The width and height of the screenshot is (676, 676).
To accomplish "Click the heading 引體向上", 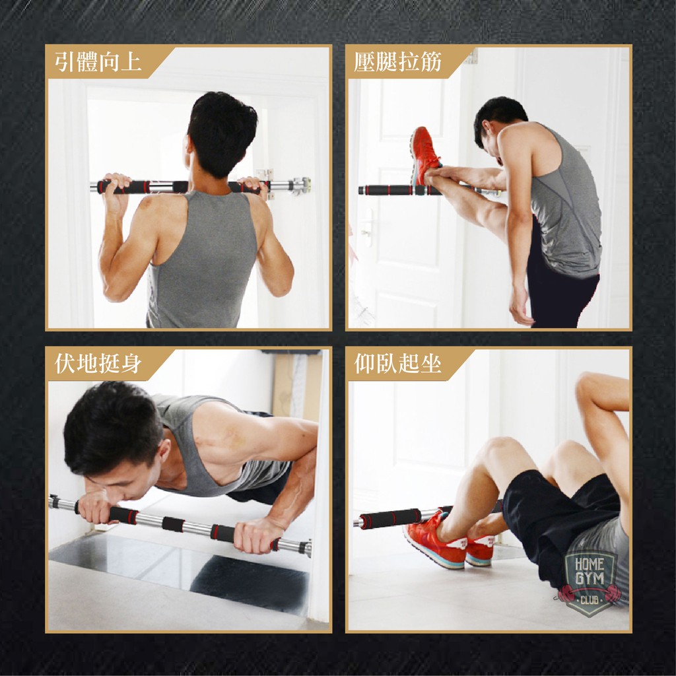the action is tap(98, 61).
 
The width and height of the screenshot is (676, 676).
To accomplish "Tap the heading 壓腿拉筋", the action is tap(397, 61).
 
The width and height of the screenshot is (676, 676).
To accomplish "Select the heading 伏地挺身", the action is tap(98, 363).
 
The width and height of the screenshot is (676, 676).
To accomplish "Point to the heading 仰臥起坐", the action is tap(397, 363).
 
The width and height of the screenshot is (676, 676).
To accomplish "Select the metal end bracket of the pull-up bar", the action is tap(300, 186).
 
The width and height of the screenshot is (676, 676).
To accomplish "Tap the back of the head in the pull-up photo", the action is tap(222, 133).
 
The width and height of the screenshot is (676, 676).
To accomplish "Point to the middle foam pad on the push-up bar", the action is tap(174, 524).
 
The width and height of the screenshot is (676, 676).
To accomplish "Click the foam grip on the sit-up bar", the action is tap(390, 518).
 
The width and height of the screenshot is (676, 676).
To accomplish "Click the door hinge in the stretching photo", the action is tap(472, 56).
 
